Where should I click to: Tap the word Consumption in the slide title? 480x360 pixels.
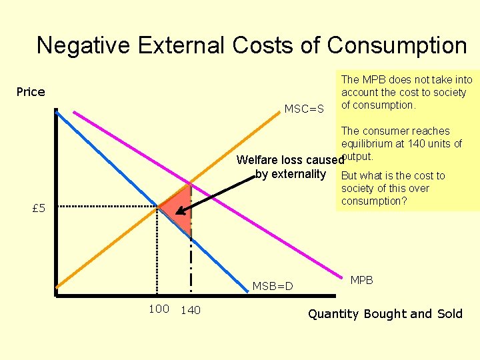point(397,45)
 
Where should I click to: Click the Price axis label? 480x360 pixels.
point(31,92)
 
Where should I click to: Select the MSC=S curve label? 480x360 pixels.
point(304,109)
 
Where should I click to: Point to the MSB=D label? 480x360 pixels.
point(273,286)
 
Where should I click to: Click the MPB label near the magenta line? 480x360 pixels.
point(362,280)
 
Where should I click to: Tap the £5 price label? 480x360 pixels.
point(39,209)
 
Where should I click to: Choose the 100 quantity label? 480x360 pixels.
point(159,309)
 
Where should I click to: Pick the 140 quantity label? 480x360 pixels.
point(191,309)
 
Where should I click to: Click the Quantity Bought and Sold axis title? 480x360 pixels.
point(385,313)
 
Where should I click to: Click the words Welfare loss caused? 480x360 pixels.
point(287,160)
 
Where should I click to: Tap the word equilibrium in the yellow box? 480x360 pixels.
point(365,144)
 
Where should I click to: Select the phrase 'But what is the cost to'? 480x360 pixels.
point(393,176)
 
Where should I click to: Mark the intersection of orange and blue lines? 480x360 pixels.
point(158,207)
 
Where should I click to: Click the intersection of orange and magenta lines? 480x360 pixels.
point(191,181)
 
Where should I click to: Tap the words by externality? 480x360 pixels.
point(290,175)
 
